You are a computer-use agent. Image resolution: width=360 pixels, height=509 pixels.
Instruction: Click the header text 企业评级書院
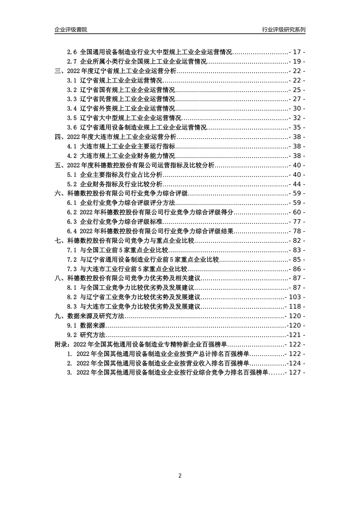point(70,30)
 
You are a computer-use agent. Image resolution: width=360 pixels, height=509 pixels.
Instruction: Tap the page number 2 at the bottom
point(180,476)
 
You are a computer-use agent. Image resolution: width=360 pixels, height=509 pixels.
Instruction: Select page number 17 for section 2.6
point(297,52)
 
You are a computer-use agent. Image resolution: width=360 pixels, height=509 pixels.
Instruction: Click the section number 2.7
point(72,61)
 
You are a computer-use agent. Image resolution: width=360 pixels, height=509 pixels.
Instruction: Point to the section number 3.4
point(72,109)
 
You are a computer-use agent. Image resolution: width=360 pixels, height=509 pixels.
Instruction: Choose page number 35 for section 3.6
point(297,128)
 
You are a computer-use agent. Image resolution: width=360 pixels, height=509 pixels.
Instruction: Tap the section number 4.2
point(72,156)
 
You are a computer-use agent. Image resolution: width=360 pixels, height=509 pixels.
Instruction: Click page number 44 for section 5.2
point(297,184)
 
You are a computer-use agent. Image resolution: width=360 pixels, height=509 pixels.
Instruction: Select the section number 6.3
point(72,222)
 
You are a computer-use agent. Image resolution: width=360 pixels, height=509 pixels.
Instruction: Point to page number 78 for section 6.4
point(297,231)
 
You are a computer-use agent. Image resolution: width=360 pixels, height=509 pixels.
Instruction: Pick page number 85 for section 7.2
point(297,259)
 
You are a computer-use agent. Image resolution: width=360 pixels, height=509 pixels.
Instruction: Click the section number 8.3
point(72,307)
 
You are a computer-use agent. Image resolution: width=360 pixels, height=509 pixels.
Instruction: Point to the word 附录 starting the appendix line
point(61,344)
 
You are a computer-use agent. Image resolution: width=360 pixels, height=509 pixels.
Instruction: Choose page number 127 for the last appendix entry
point(295,372)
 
